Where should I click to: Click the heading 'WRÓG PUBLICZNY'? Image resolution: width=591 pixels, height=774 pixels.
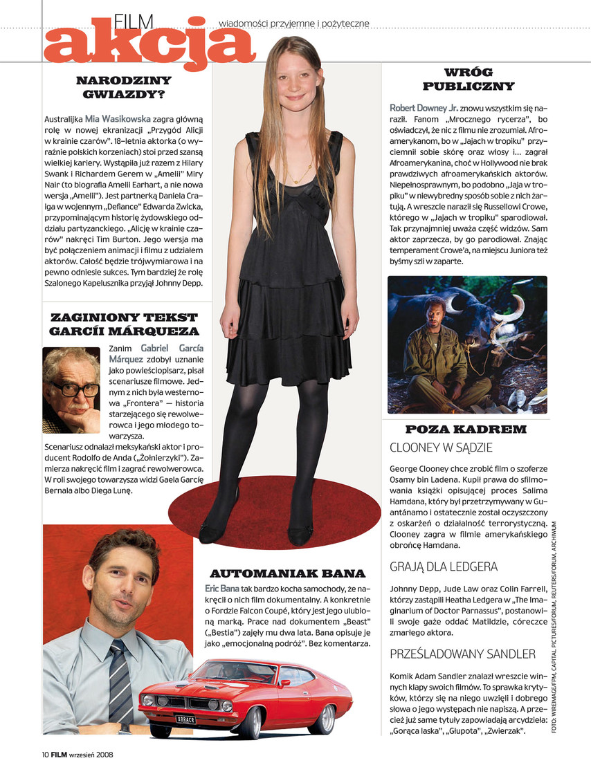469,80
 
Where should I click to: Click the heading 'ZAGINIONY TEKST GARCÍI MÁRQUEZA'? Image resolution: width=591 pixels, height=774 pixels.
124,324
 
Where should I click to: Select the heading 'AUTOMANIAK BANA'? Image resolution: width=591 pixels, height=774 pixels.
287,573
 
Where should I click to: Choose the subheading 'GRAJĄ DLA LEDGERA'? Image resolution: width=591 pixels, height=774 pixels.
444,566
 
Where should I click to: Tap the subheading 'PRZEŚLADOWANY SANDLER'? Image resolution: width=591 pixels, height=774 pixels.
462,654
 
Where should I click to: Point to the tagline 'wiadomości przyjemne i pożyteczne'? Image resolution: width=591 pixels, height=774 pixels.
294,24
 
